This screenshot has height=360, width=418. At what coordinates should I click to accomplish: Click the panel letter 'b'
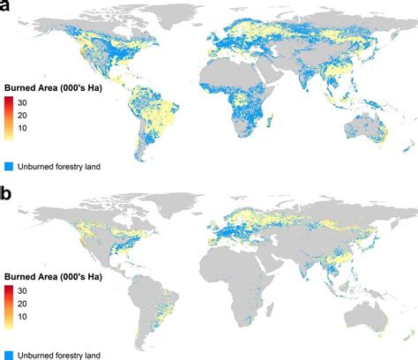pos(8,192)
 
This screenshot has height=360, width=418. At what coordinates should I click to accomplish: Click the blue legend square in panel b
pos(7,354)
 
